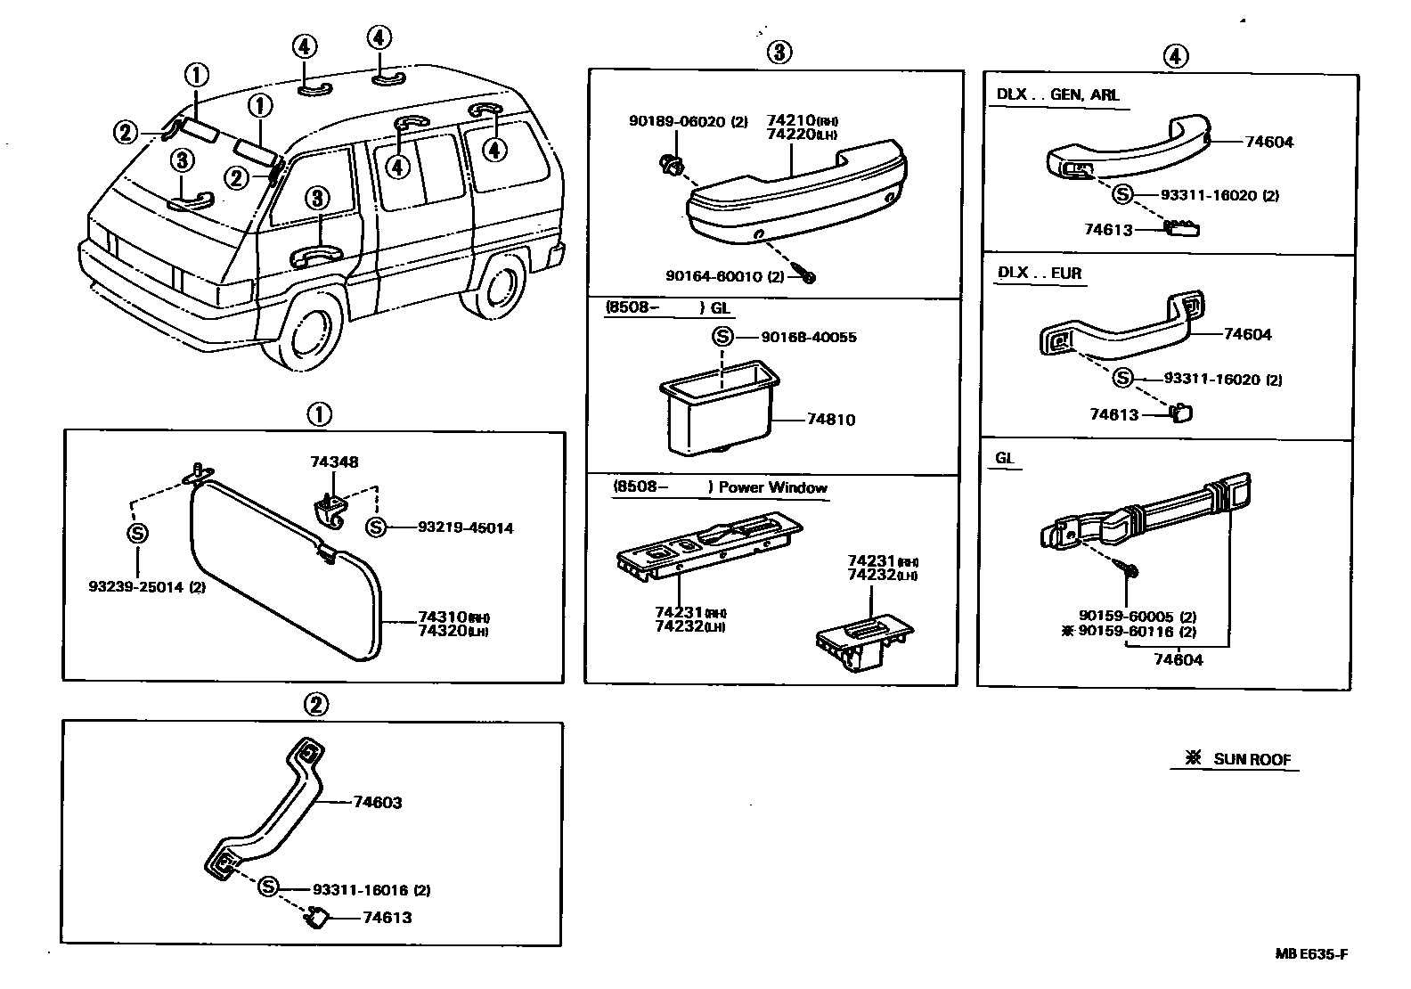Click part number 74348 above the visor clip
pyautogui.click(x=334, y=462)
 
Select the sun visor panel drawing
pyautogui.click(x=285, y=570)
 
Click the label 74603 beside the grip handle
pyautogui.click(x=377, y=802)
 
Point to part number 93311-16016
pyautogui.click(x=361, y=889)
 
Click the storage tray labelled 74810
pyautogui.click(x=717, y=410)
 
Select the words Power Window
pyautogui.click(x=772, y=487)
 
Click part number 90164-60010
pyautogui.click(x=714, y=276)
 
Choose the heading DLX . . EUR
pyautogui.click(x=1039, y=273)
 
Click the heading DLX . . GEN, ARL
pyautogui.click(x=1057, y=94)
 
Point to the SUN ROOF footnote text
pyautogui.click(x=1252, y=759)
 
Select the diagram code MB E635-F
pyautogui.click(x=1310, y=954)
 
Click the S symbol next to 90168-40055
pyautogui.click(x=722, y=337)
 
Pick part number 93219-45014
pyautogui.click(x=465, y=527)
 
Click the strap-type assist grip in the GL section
pyautogui.click(x=1149, y=517)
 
